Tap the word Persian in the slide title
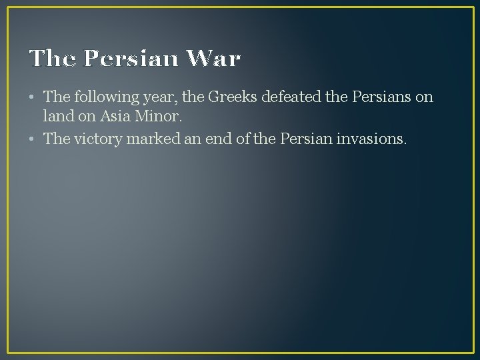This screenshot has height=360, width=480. [132, 59]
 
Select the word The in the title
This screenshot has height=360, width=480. [53, 59]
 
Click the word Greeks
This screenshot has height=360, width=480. [233, 97]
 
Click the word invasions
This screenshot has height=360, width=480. [375, 139]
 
